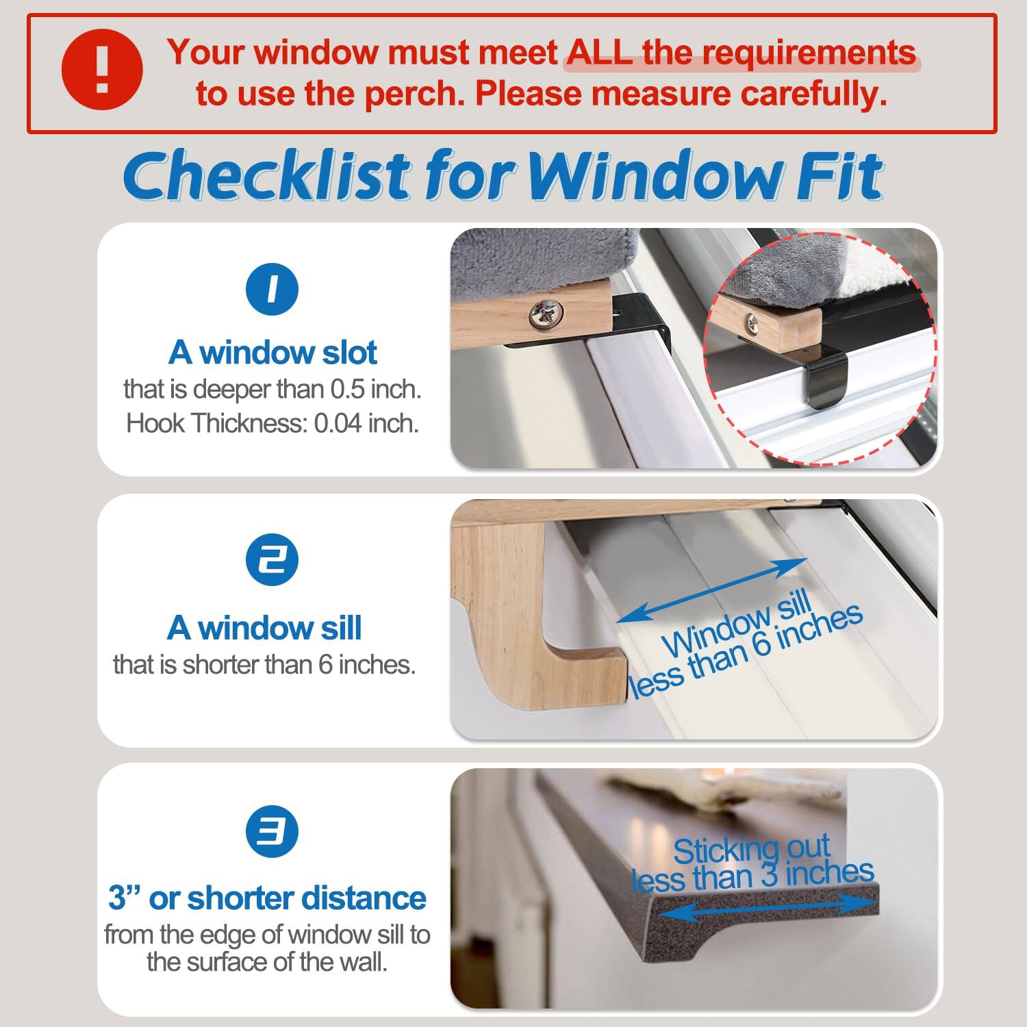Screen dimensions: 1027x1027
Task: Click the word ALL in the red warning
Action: [x=599, y=53]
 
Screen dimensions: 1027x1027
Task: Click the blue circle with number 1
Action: [x=272, y=289]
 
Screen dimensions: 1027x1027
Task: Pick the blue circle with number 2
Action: [x=272, y=560]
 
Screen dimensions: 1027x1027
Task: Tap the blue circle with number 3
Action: [x=272, y=831]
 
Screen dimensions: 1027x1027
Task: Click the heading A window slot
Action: [x=272, y=353]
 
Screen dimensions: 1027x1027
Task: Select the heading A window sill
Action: [x=264, y=628]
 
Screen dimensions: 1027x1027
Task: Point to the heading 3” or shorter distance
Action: [x=267, y=898]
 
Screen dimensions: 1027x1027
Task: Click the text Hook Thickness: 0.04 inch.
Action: [x=272, y=423]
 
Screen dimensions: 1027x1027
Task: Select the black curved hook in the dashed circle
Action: [x=828, y=383]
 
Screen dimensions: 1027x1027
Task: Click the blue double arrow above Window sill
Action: [x=711, y=590]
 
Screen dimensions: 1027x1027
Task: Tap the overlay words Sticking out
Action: [x=751, y=850]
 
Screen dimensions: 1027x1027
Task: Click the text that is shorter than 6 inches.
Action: [x=264, y=664]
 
